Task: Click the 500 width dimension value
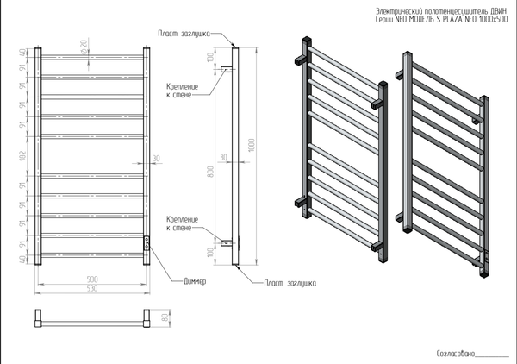[92, 279]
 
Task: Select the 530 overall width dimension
[92, 288]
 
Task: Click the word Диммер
[196, 281]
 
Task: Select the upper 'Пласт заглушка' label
[184, 33]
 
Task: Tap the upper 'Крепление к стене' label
[184, 91]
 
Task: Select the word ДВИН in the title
[499, 10]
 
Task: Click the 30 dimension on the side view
[223, 158]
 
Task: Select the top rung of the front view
[93, 59]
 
